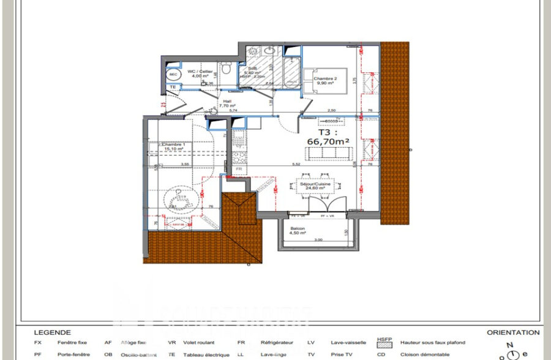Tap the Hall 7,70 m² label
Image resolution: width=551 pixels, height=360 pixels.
point(227,103)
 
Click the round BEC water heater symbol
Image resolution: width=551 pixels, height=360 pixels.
point(173,75)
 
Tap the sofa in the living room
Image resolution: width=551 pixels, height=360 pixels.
point(331,154)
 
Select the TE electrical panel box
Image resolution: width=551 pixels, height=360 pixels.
point(173,88)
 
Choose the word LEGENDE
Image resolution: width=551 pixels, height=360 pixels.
point(52,332)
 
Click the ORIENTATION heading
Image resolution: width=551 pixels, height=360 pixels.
point(513,332)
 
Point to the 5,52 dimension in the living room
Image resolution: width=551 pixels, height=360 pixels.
point(296,164)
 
